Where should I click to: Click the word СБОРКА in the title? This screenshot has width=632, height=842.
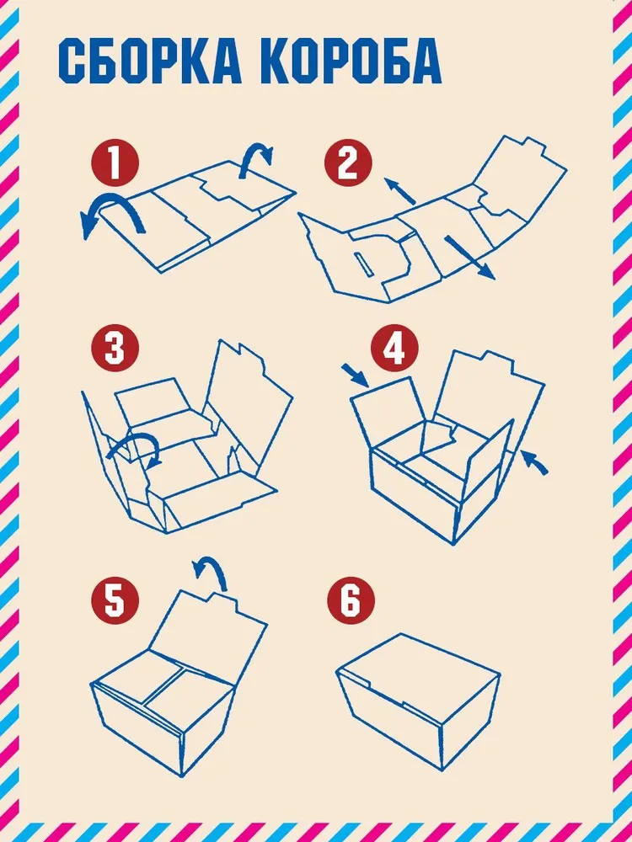pyautogui.click(x=151, y=61)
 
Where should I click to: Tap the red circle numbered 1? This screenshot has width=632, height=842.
pyautogui.click(x=114, y=164)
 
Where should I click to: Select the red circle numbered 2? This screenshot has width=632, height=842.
pyautogui.click(x=347, y=164)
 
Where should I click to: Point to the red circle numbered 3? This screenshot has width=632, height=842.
pyautogui.click(x=114, y=349)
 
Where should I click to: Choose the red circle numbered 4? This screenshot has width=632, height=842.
pyautogui.click(x=394, y=351)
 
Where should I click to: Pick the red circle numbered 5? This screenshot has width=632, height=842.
pyautogui.click(x=114, y=601)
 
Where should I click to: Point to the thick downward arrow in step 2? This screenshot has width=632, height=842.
pyautogui.click(x=469, y=257)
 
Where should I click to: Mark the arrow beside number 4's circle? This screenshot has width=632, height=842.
pyautogui.click(x=355, y=376)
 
